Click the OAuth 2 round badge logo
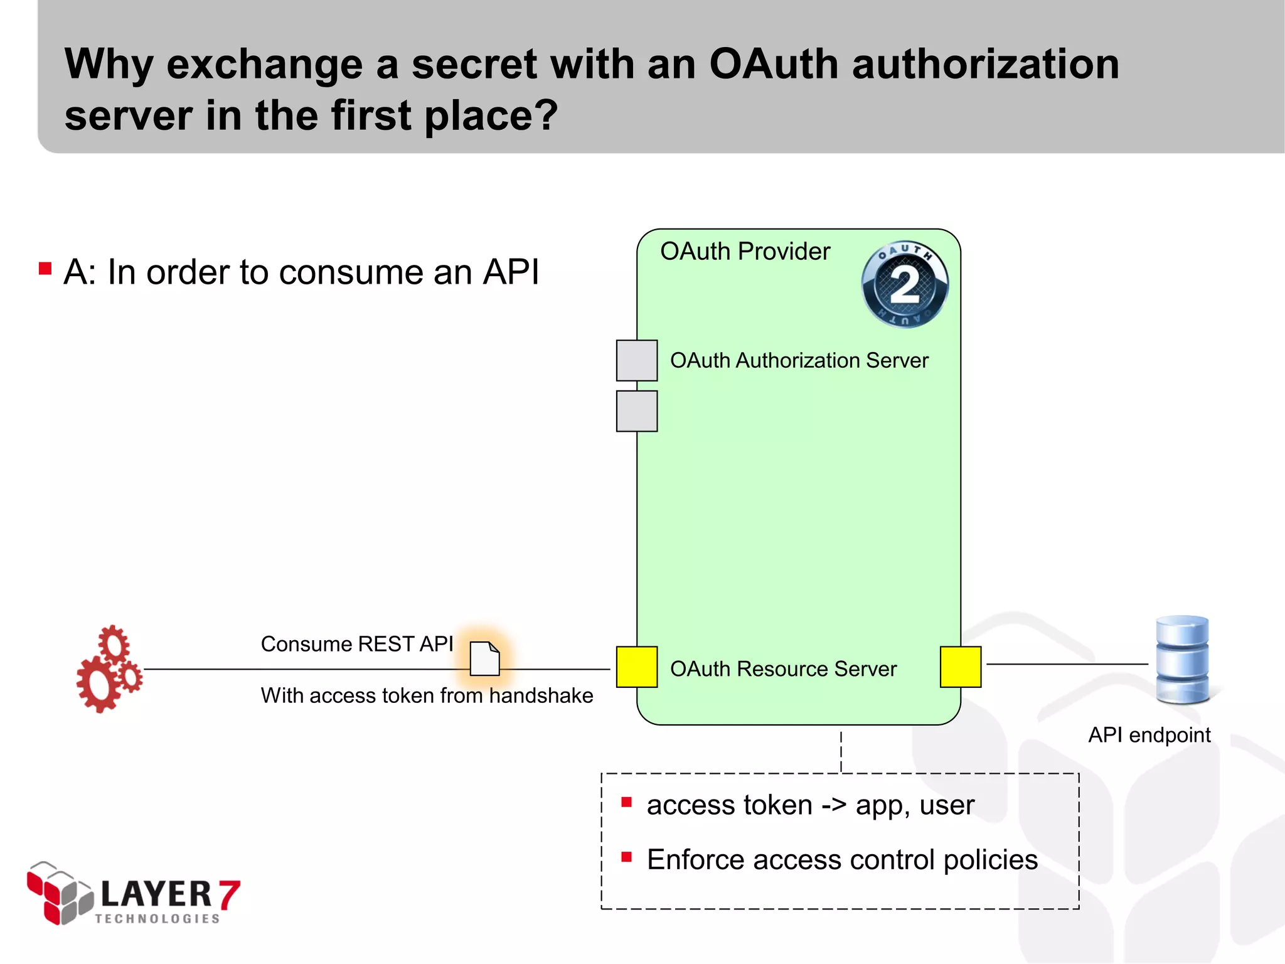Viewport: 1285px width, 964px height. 905,284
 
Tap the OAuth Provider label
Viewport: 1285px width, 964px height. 745,252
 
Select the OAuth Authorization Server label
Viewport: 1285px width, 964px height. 799,361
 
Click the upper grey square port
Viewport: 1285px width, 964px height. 637,361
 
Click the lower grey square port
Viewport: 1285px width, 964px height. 637,411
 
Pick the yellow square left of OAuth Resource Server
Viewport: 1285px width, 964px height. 637,667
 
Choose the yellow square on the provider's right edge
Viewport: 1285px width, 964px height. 961,667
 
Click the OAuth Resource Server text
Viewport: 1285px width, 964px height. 783,669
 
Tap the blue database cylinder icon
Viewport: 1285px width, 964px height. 1183,660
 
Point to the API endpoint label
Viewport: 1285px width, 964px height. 1149,735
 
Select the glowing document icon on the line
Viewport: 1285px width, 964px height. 484,659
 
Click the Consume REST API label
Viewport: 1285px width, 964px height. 356,644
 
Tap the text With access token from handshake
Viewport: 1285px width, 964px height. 427,695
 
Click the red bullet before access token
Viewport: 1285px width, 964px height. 626,802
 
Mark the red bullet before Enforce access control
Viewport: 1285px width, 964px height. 626,857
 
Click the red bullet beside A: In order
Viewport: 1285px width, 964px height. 45,269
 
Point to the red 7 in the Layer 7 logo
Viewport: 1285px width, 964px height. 229,894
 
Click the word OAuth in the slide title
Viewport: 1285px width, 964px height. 774,65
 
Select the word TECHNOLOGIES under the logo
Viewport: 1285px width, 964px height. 157,919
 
